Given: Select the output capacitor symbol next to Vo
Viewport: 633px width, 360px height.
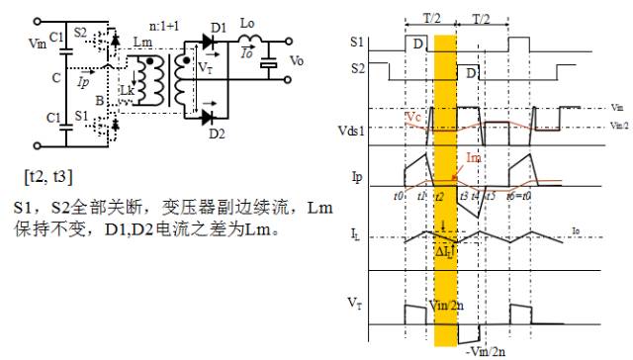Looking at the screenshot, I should tap(268, 64).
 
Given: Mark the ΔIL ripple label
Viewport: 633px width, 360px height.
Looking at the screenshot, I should tap(444, 253).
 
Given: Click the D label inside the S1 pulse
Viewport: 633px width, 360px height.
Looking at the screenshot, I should tap(419, 44).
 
